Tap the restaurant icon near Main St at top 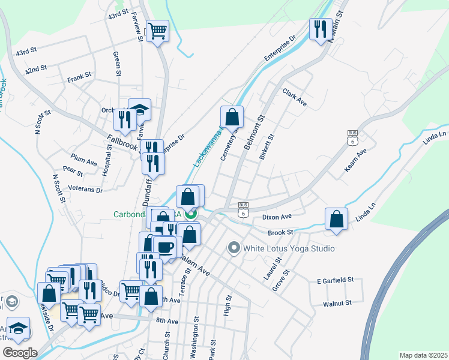[x=321, y=28]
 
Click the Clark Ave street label [x=295, y=98]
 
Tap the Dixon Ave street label [x=277, y=216]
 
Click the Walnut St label [x=336, y=304]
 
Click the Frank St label [x=79, y=76]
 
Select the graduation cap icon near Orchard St [x=140, y=109]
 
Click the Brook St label [x=280, y=232]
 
